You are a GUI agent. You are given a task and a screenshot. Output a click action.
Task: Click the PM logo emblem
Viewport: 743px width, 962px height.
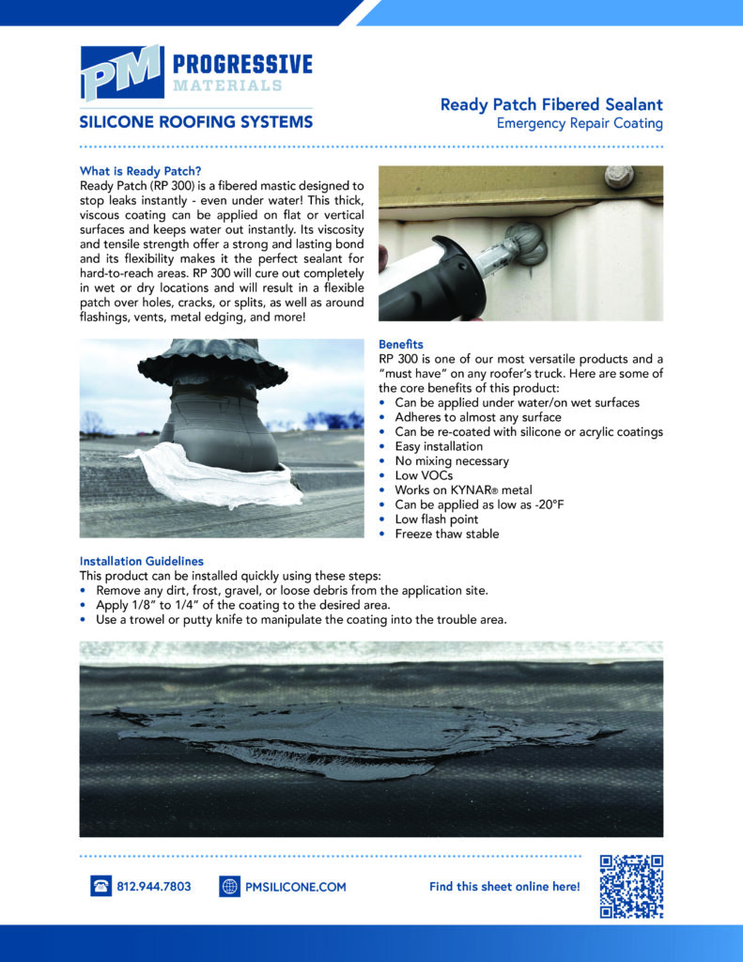click(x=120, y=72)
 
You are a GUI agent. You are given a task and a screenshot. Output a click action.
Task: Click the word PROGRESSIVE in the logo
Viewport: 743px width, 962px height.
click(x=241, y=65)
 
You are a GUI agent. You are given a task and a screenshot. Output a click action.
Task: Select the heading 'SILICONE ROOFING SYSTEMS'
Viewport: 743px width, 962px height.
click(x=195, y=122)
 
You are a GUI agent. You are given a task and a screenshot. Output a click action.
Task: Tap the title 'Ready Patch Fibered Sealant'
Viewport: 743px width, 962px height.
click(x=551, y=105)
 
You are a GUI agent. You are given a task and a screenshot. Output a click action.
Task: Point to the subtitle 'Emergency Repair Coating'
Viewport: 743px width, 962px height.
click(x=580, y=124)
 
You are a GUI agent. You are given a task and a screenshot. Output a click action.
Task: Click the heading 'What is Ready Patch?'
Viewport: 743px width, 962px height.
click(x=140, y=171)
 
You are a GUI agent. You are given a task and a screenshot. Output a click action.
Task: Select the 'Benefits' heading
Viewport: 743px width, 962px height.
click(x=401, y=345)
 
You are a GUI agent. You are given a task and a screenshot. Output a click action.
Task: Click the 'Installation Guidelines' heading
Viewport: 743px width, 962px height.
click(x=141, y=561)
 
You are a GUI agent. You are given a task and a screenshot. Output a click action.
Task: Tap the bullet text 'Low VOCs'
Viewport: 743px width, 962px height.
click(x=424, y=475)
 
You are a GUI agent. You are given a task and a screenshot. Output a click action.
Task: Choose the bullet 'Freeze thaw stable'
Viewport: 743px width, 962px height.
click(x=446, y=534)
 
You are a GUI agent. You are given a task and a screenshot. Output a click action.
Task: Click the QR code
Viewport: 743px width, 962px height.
click(x=631, y=886)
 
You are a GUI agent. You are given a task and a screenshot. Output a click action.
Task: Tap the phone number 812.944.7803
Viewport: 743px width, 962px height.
click(x=154, y=886)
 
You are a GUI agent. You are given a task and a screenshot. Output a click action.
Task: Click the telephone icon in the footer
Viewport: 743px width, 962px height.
click(x=101, y=886)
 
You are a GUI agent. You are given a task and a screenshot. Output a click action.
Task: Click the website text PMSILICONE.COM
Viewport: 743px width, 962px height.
click(x=296, y=886)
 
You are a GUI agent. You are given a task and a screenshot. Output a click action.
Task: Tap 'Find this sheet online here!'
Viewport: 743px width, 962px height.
click(x=504, y=886)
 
